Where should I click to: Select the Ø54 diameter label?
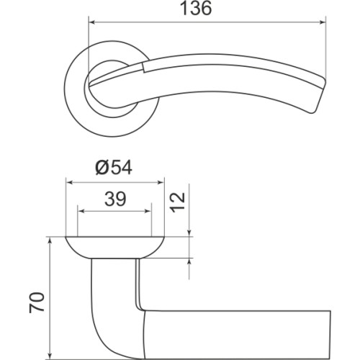tap(115, 168)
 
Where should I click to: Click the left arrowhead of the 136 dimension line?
tap(91, 22)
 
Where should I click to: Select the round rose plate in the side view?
tap(115, 247)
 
